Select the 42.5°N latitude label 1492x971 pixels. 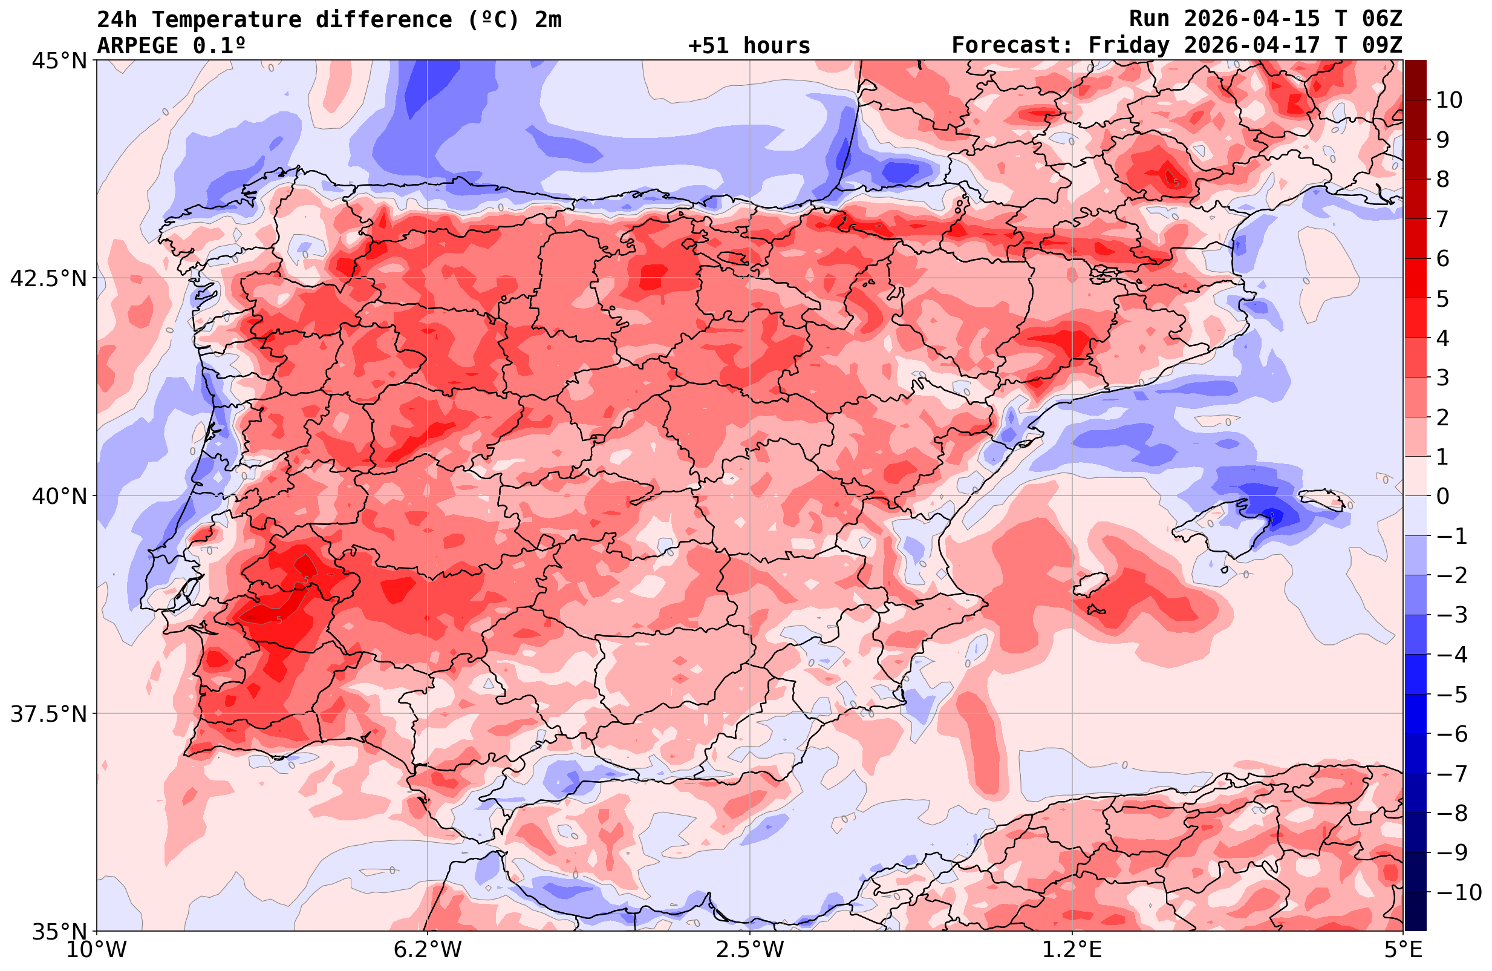pos(48,278)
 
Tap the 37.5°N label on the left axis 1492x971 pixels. pos(48,714)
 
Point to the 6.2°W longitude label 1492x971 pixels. pos(428,950)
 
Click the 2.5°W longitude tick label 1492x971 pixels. pos(751,950)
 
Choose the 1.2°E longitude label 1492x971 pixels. pos(1073,950)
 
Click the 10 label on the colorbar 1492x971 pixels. pos(1448,100)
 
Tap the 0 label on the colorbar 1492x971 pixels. pos(1442,496)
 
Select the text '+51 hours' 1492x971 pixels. pos(749,46)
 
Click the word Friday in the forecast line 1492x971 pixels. pos(1129,46)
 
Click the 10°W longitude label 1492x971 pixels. pos(97,950)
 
